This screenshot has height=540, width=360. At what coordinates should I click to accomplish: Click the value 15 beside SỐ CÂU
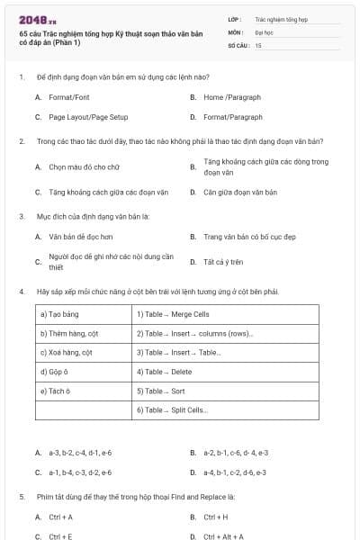pyautogui.click(x=258, y=44)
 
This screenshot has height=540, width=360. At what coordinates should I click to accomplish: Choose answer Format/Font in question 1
pyautogui.click(x=69, y=96)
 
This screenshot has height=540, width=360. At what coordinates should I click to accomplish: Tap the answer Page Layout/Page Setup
pyautogui.click(x=88, y=117)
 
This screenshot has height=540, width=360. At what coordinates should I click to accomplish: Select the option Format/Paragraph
pyautogui.click(x=233, y=117)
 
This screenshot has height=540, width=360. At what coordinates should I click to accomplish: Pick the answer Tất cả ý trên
pyautogui.click(x=224, y=262)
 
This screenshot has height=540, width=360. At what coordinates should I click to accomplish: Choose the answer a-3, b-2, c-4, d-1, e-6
pyautogui.click(x=80, y=452)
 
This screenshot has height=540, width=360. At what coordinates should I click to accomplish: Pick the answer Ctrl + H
pyautogui.click(x=216, y=517)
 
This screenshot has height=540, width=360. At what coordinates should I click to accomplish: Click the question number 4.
pyautogui.click(x=21, y=292)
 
